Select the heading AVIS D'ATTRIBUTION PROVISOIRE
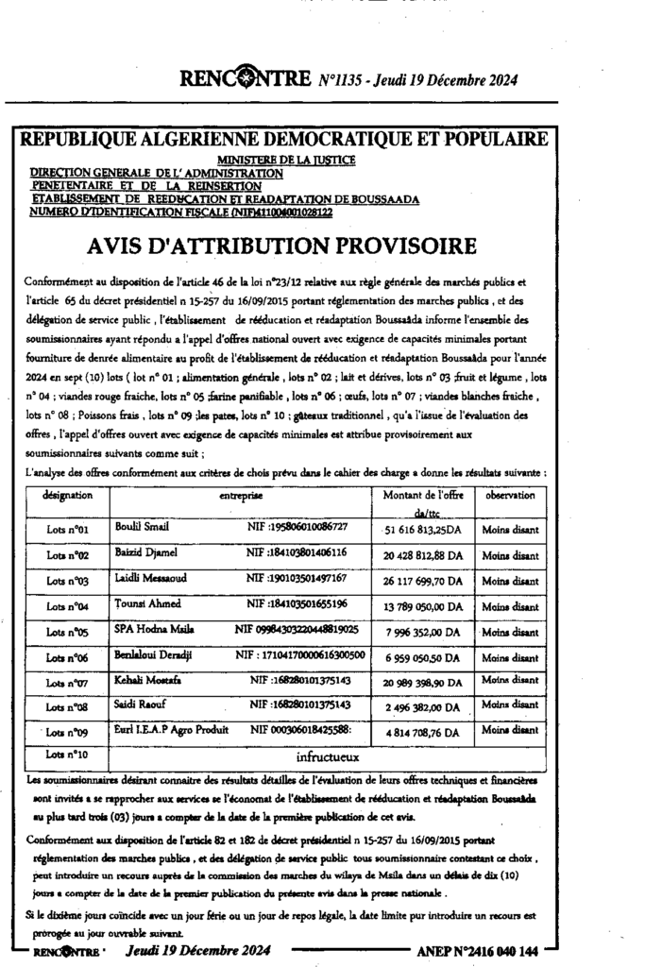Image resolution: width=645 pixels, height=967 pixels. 281,246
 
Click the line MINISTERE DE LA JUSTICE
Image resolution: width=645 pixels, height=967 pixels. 286,161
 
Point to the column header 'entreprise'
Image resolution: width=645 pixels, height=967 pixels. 242,495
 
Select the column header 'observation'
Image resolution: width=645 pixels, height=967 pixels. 511,496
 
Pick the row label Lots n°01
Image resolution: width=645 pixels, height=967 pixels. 68,531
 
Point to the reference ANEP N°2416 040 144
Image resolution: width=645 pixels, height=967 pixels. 477,950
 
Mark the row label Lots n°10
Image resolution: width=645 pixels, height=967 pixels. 68,754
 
